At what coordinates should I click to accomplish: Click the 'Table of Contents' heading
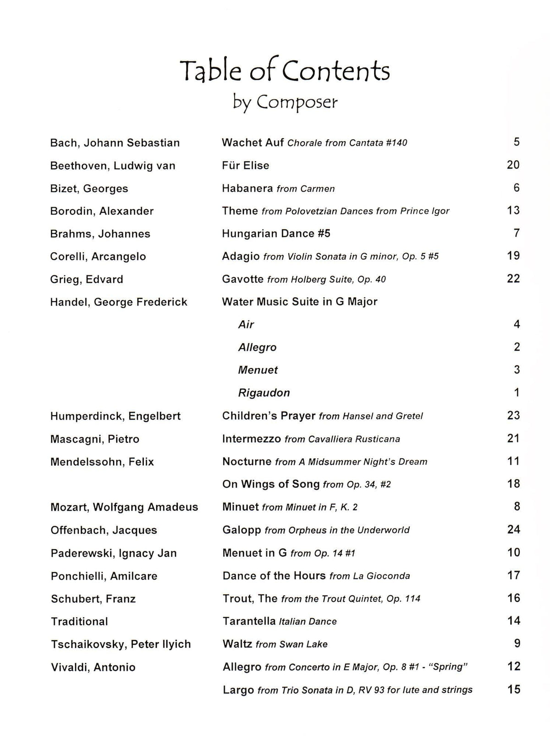284,71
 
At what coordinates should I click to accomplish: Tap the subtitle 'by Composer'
285,102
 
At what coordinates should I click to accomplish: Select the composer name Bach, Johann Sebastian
115,143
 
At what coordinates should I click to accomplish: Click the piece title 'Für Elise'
246,165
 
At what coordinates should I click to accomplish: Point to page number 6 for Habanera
517,188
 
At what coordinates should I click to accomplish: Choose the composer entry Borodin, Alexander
102,211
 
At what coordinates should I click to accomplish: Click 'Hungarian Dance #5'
276,234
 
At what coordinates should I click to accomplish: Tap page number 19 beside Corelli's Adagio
513,256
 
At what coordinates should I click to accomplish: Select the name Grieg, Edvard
87,280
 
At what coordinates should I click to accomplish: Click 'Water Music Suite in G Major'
300,302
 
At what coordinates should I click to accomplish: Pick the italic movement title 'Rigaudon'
264,393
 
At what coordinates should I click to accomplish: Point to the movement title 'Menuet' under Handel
258,370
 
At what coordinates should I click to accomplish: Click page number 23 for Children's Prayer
513,415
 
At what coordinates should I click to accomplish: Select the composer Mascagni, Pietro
95,439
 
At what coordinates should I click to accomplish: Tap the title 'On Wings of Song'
271,484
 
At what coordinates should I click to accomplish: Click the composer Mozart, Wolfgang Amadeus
124,507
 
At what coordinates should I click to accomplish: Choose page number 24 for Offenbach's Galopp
513,530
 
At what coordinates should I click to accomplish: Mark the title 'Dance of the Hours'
274,576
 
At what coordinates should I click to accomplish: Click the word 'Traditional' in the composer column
79,621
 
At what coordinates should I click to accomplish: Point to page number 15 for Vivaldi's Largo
514,689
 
